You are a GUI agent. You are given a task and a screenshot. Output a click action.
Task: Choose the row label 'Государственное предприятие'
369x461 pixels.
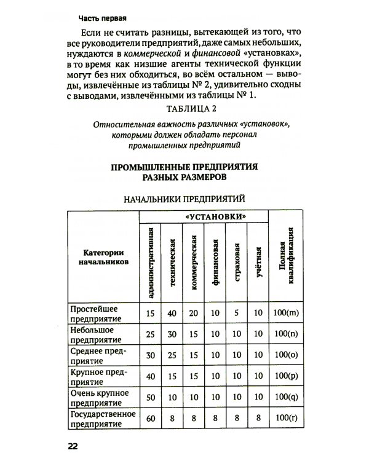pos(99,421)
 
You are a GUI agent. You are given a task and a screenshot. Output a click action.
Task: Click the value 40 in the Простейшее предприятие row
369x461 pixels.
pos(172,313)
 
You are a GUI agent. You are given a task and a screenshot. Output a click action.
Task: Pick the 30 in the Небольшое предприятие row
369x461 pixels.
pos(172,335)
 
